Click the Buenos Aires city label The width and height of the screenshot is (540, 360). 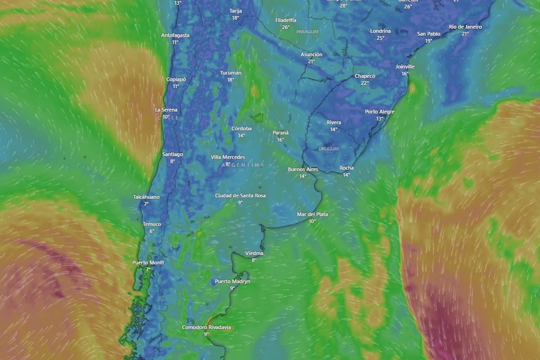[x=303, y=170]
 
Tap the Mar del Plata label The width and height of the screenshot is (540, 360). [x=312, y=215]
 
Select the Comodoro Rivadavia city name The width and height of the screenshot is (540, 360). [x=207, y=328]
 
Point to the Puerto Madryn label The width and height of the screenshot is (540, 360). [x=232, y=282]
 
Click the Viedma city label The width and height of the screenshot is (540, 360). [x=254, y=254]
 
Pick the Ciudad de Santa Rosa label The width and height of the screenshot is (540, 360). [x=240, y=196]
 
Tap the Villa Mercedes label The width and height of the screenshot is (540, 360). [x=228, y=157]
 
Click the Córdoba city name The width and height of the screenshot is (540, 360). [x=242, y=129]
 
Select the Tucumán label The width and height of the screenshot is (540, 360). [x=231, y=73]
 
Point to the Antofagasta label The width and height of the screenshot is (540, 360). [x=175, y=36]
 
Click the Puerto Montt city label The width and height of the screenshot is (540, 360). [x=148, y=263]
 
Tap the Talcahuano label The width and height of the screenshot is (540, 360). [x=146, y=197]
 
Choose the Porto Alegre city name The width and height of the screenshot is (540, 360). [x=380, y=112]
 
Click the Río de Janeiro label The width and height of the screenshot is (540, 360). [x=465, y=27]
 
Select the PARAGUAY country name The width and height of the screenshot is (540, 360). [x=307, y=31]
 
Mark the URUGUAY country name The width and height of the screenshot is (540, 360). [x=329, y=148]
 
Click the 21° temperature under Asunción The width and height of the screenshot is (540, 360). [x=311, y=61]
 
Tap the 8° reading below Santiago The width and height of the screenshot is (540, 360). [x=172, y=161]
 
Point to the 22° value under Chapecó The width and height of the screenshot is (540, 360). [x=364, y=83]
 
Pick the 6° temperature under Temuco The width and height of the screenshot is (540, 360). [x=152, y=231]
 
